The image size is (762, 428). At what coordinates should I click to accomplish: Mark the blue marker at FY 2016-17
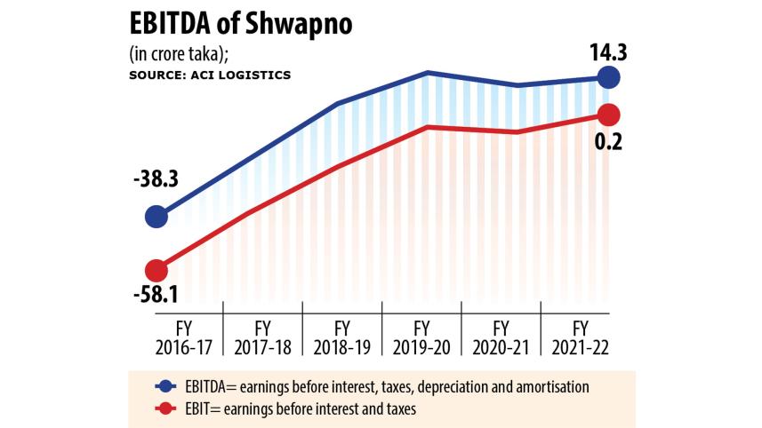[x=156, y=216]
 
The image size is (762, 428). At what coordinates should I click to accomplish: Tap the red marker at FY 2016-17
[x=156, y=270]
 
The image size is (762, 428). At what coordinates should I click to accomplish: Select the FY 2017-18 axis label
[x=262, y=335]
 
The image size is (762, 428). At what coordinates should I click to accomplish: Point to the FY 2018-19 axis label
[x=341, y=335]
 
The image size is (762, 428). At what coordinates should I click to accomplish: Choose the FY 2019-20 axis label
[x=421, y=335]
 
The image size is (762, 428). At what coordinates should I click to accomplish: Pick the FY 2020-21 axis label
[x=501, y=335]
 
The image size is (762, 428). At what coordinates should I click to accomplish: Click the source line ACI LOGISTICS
[x=210, y=75]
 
